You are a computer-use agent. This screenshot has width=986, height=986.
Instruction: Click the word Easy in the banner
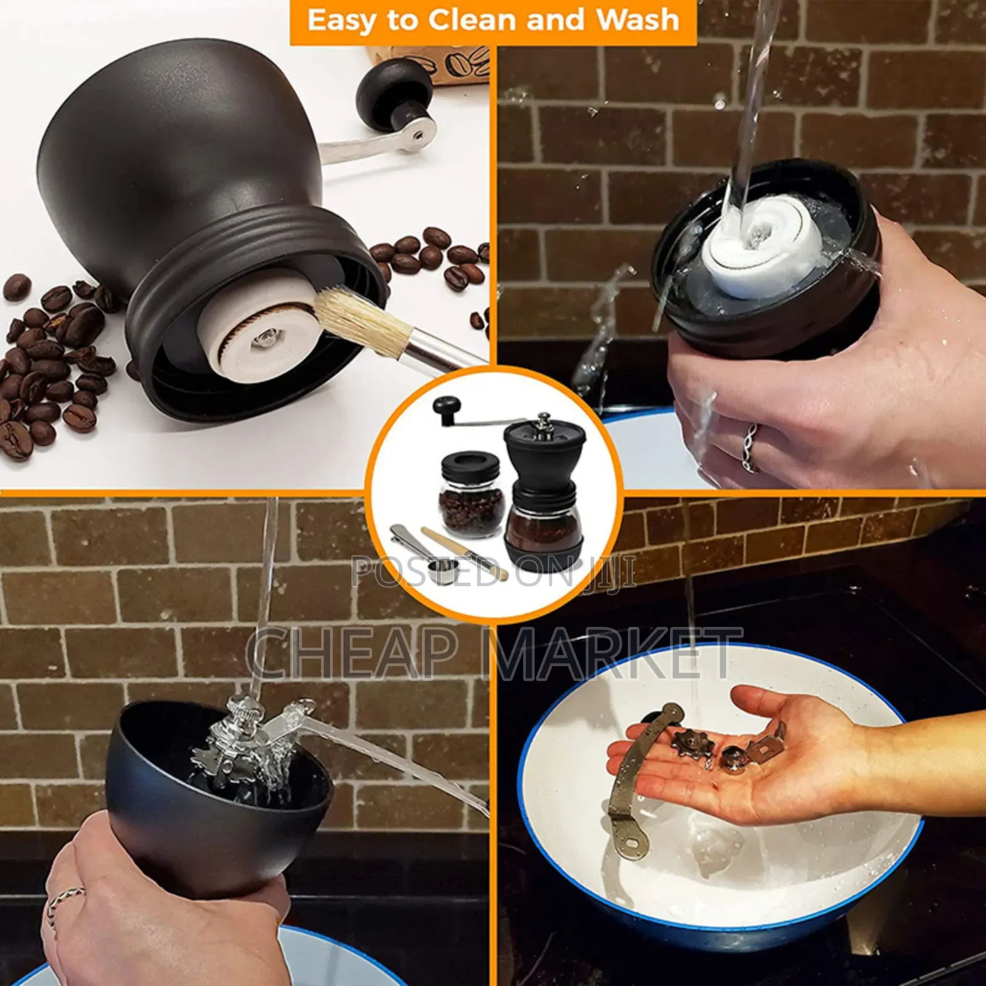tap(343, 21)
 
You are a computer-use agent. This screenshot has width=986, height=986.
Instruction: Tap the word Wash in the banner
tap(637, 20)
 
